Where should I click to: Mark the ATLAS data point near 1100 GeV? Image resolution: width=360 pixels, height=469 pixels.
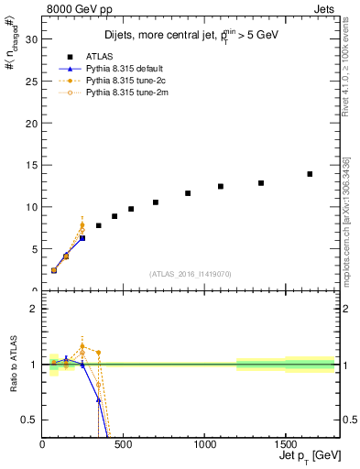click(221, 186)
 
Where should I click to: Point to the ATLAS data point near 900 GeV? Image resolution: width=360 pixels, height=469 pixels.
click(188, 193)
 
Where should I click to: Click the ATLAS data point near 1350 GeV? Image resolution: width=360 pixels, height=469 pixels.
click(261, 183)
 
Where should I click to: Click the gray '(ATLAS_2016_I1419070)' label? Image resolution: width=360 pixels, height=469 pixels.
click(191, 273)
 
